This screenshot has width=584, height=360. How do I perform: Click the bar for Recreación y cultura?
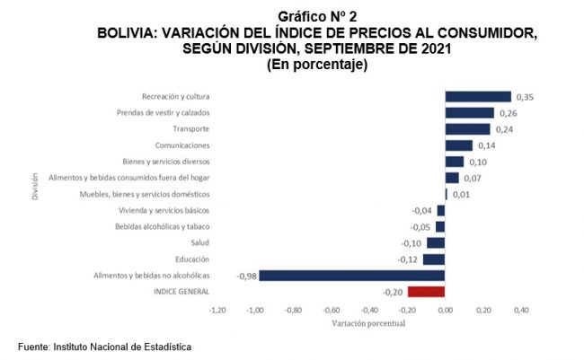click(x=478, y=97)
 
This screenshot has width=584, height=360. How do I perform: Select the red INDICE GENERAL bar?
click(x=426, y=291)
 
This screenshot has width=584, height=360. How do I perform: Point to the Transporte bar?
click(x=467, y=129)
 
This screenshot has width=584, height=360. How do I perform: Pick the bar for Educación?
click(x=434, y=259)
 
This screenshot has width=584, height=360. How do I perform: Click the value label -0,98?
click(x=245, y=275)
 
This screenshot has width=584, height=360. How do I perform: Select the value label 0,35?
click(x=526, y=97)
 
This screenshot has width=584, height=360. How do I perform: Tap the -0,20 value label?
click(x=393, y=291)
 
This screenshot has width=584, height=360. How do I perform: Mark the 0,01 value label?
click(x=461, y=194)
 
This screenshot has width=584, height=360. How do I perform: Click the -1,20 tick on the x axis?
click(x=217, y=311)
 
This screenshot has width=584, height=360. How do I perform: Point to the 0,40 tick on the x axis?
click(x=521, y=311)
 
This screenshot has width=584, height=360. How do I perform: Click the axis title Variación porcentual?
click(x=369, y=322)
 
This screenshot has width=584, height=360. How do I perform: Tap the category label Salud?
click(x=200, y=242)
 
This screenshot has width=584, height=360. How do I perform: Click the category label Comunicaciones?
click(x=182, y=145)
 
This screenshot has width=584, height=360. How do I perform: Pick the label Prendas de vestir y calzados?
click(x=164, y=113)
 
